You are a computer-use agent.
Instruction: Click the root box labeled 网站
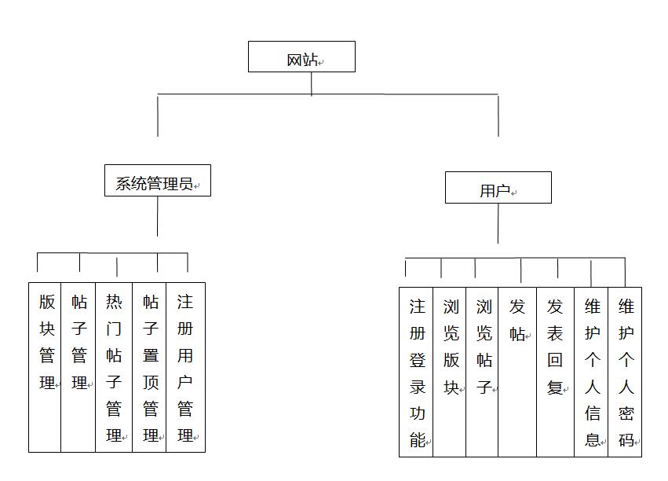[301, 57]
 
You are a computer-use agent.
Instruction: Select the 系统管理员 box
[158, 181]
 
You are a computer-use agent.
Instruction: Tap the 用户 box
[498, 188]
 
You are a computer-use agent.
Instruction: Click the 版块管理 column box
[45, 367]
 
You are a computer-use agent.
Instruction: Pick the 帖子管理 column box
[78, 367]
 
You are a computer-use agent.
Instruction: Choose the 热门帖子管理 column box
[114, 367]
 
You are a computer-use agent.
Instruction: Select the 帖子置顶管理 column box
[149, 367]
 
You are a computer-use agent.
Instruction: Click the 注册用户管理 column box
[186, 367]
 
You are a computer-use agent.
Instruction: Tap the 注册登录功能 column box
[416, 372]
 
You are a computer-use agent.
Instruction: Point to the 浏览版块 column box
[450, 372]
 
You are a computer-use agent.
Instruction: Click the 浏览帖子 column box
[482, 372]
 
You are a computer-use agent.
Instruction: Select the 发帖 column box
[517, 372]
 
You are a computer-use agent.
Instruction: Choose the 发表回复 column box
[556, 372]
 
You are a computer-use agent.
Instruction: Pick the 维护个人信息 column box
[591, 372]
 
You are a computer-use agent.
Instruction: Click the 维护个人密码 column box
[625, 372]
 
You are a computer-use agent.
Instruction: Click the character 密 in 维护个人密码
[626, 413]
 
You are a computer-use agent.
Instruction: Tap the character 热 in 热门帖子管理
[114, 302]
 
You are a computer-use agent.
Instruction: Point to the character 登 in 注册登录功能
[418, 360]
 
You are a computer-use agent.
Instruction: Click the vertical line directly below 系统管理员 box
[157, 216]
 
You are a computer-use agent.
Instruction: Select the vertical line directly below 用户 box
[498, 223]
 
